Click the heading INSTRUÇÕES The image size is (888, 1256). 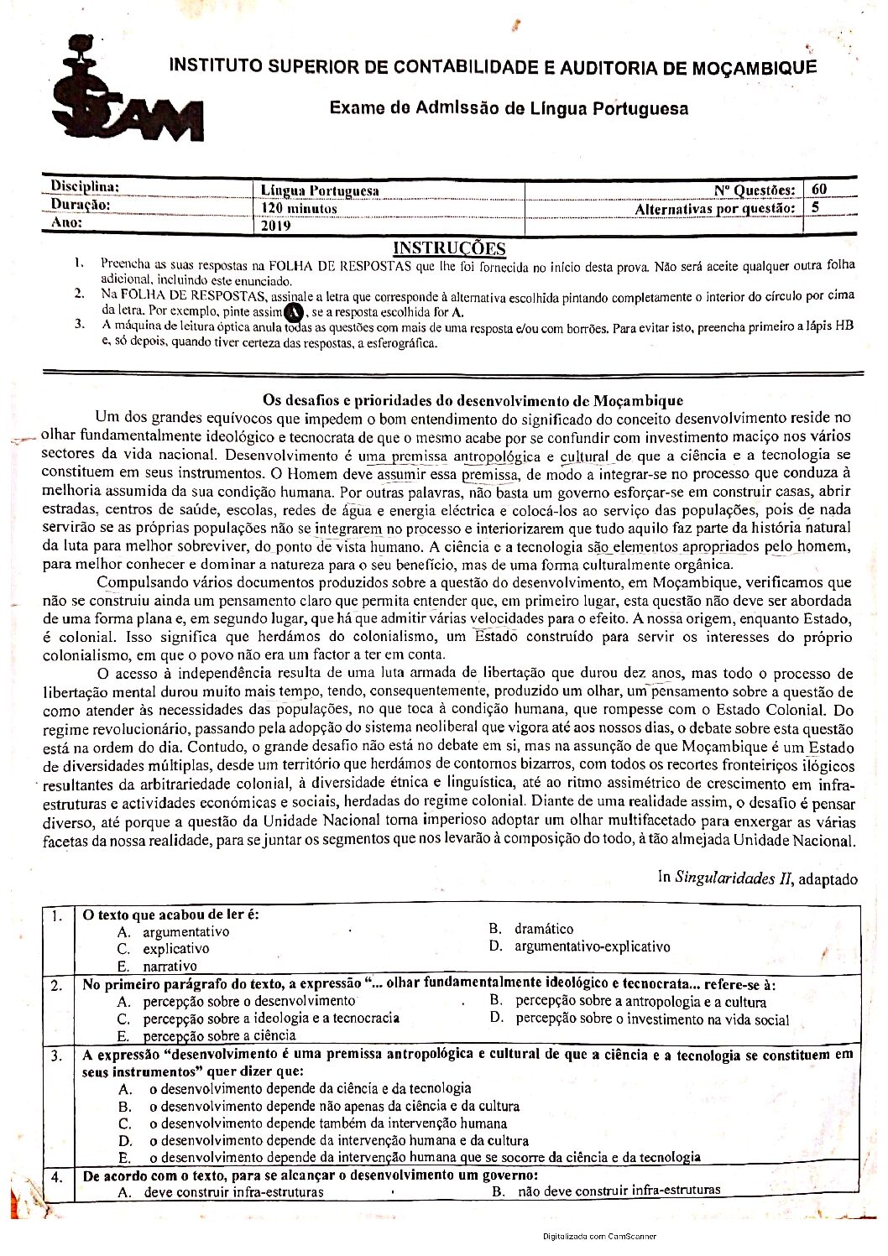(x=449, y=248)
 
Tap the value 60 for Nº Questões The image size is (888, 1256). (x=819, y=190)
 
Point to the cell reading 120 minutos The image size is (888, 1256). (x=299, y=208)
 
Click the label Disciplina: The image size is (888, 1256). (x=85, y=186)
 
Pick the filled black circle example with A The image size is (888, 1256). (x=294, y=312)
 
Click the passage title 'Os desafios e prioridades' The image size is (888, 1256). (x=473, y=400)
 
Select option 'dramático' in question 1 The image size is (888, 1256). (x=544, y=929)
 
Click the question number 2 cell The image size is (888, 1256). (x=56, y=986)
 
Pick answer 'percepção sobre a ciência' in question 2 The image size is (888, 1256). (x=219, y=1036)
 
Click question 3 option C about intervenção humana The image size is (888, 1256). (x=327, y=1123)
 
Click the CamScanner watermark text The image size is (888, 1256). (x=599, y=1236)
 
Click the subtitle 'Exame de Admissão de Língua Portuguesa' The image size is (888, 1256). (x=509, y=108)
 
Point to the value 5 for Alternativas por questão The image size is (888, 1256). (x=815, y=207)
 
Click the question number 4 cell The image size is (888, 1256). (x=56, y=1177)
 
